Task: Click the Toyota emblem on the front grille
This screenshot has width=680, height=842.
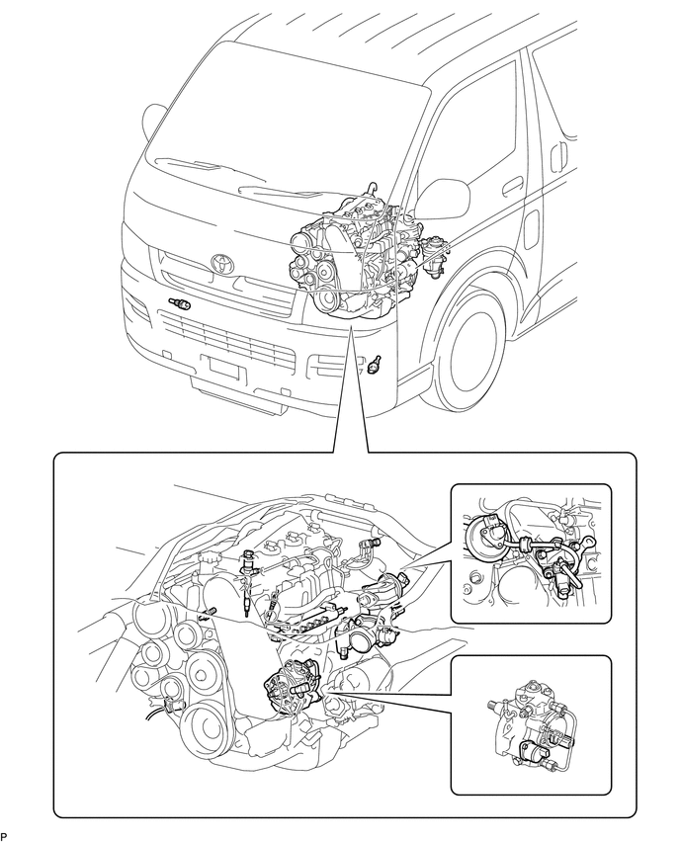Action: coord(221,262)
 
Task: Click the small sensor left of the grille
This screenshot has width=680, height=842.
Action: coord(180,304)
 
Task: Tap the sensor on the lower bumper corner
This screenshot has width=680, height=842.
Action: coord(375,364)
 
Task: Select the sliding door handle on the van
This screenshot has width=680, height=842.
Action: coord(560,154)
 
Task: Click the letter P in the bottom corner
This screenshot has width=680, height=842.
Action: coord(3,836)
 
